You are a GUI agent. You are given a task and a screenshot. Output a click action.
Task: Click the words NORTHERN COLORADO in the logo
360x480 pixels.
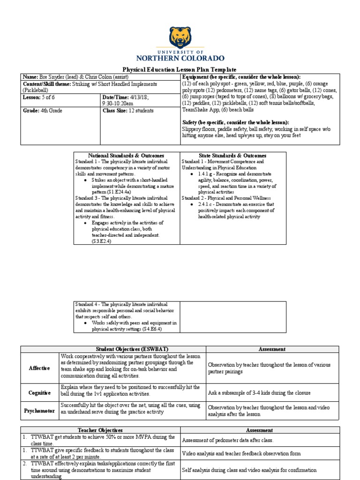[x=180, y=59]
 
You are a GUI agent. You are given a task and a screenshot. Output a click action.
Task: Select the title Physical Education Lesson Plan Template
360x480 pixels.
[x=180, y=69]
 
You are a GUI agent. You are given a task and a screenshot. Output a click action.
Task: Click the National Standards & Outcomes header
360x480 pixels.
[x=126, y=156]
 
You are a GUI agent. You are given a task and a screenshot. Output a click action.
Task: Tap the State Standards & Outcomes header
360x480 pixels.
[x=232, y=156]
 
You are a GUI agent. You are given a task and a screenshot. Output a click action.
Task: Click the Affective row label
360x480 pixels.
[x=39, y=368]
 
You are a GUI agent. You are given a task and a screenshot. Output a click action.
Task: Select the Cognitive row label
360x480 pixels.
[x=39, y=393]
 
